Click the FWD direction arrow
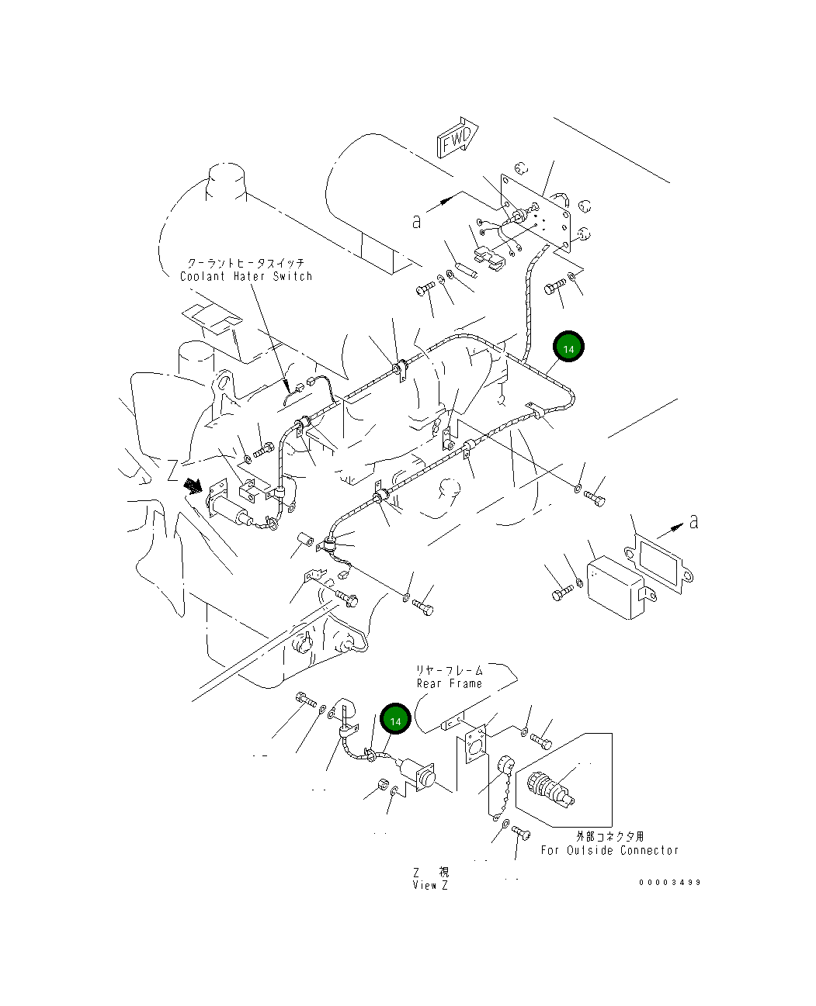coord(458,140)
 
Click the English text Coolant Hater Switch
coord(246,277)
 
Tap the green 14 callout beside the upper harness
coord(568,348)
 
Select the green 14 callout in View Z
coord(395,721)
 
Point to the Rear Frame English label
coord(449,683)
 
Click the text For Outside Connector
coord(609,850)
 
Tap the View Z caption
coord(430,885)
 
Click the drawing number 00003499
coord(670,882)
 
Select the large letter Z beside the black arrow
coord(172,470)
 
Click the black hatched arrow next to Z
coord(193,486)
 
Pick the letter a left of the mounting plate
coord(417,221)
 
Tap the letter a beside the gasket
coord(693,521)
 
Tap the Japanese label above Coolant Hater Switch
coord(246,264)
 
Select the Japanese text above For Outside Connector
coord(609,836)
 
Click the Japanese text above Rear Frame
coord(449,670)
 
